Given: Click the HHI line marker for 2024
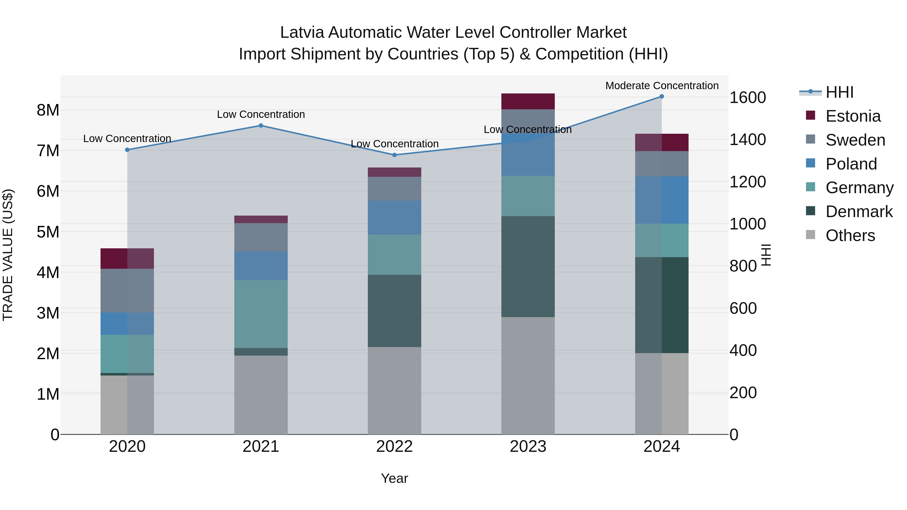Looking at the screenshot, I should [x=662, y=96].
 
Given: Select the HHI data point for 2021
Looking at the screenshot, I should [x=261, y=126].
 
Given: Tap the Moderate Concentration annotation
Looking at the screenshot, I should [x=662, y=86].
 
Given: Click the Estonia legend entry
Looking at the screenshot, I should [x=853, y=116].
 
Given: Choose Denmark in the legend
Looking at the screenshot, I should [x=859, y=212].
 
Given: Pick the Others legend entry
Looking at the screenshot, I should [x=850, y=236].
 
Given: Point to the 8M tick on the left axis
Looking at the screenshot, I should [x=48, y=110].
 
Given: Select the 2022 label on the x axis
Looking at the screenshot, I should [x=394, y=447].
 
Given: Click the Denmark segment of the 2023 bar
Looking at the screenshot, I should [x=528, y=266].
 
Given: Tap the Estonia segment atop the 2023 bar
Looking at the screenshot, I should [x=528, y=101].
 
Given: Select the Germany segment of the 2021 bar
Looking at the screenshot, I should [x=261, y=314].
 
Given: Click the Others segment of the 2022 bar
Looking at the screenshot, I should [x=394, y=391].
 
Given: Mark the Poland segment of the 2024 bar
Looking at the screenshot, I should [x=662, y=200].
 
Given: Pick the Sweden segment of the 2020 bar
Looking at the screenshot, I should [x=127, y=291].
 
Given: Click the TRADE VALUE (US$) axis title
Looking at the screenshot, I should [x=8, y=255].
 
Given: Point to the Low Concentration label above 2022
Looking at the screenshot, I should [x=394, y=144].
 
